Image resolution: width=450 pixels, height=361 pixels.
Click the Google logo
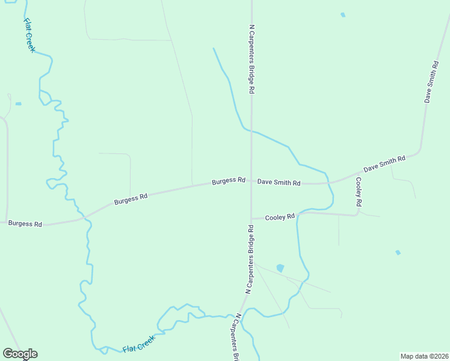tap(20, 354)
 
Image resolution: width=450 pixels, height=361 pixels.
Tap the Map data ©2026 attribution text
tap(424, 356)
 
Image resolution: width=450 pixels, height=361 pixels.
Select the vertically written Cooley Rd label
tap(359, 192)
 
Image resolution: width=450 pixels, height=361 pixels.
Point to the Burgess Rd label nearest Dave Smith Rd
tap(229, 180)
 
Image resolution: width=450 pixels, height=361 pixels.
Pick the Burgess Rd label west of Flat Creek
tap(25, 223)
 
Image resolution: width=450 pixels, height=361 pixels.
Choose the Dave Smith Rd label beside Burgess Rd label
tap(279, 182)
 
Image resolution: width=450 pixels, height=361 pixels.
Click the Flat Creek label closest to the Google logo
tap(139, 345)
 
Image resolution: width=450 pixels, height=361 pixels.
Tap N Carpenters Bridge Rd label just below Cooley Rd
tap(249, 259)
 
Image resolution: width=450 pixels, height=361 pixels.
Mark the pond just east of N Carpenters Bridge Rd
tap(280, 268)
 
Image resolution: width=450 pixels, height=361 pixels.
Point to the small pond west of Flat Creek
tap(18, 104)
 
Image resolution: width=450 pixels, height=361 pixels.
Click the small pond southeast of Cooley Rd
tap(397, 253)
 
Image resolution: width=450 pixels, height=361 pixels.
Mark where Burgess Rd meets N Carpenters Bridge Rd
tap(251, 182)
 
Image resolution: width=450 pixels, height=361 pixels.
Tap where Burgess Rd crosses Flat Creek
tap(85, 217)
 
